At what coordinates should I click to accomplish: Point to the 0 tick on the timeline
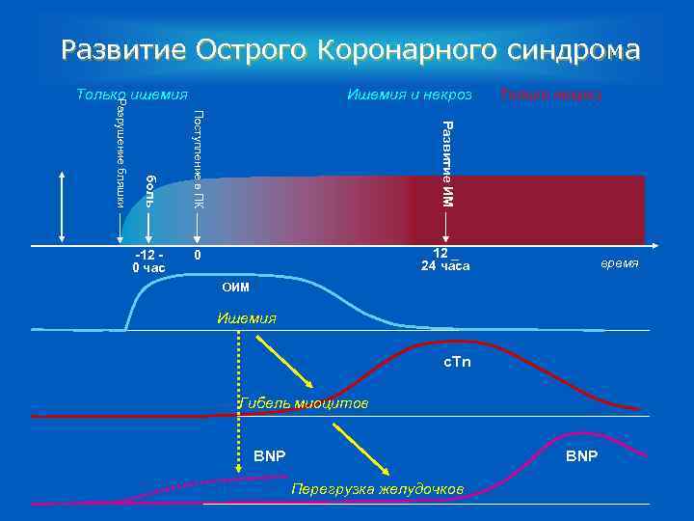click(x=197, y=256)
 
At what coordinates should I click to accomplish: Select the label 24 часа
click(x=445, y=266)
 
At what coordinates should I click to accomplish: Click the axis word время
click(x=620, y=263)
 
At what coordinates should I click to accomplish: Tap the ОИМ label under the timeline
click(x=235, y=287)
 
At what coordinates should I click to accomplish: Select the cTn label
click(x=456, y=362)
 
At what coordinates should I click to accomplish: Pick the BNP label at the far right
click(x=581, y=454)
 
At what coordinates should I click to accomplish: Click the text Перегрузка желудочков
click(x=377, y=489)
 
